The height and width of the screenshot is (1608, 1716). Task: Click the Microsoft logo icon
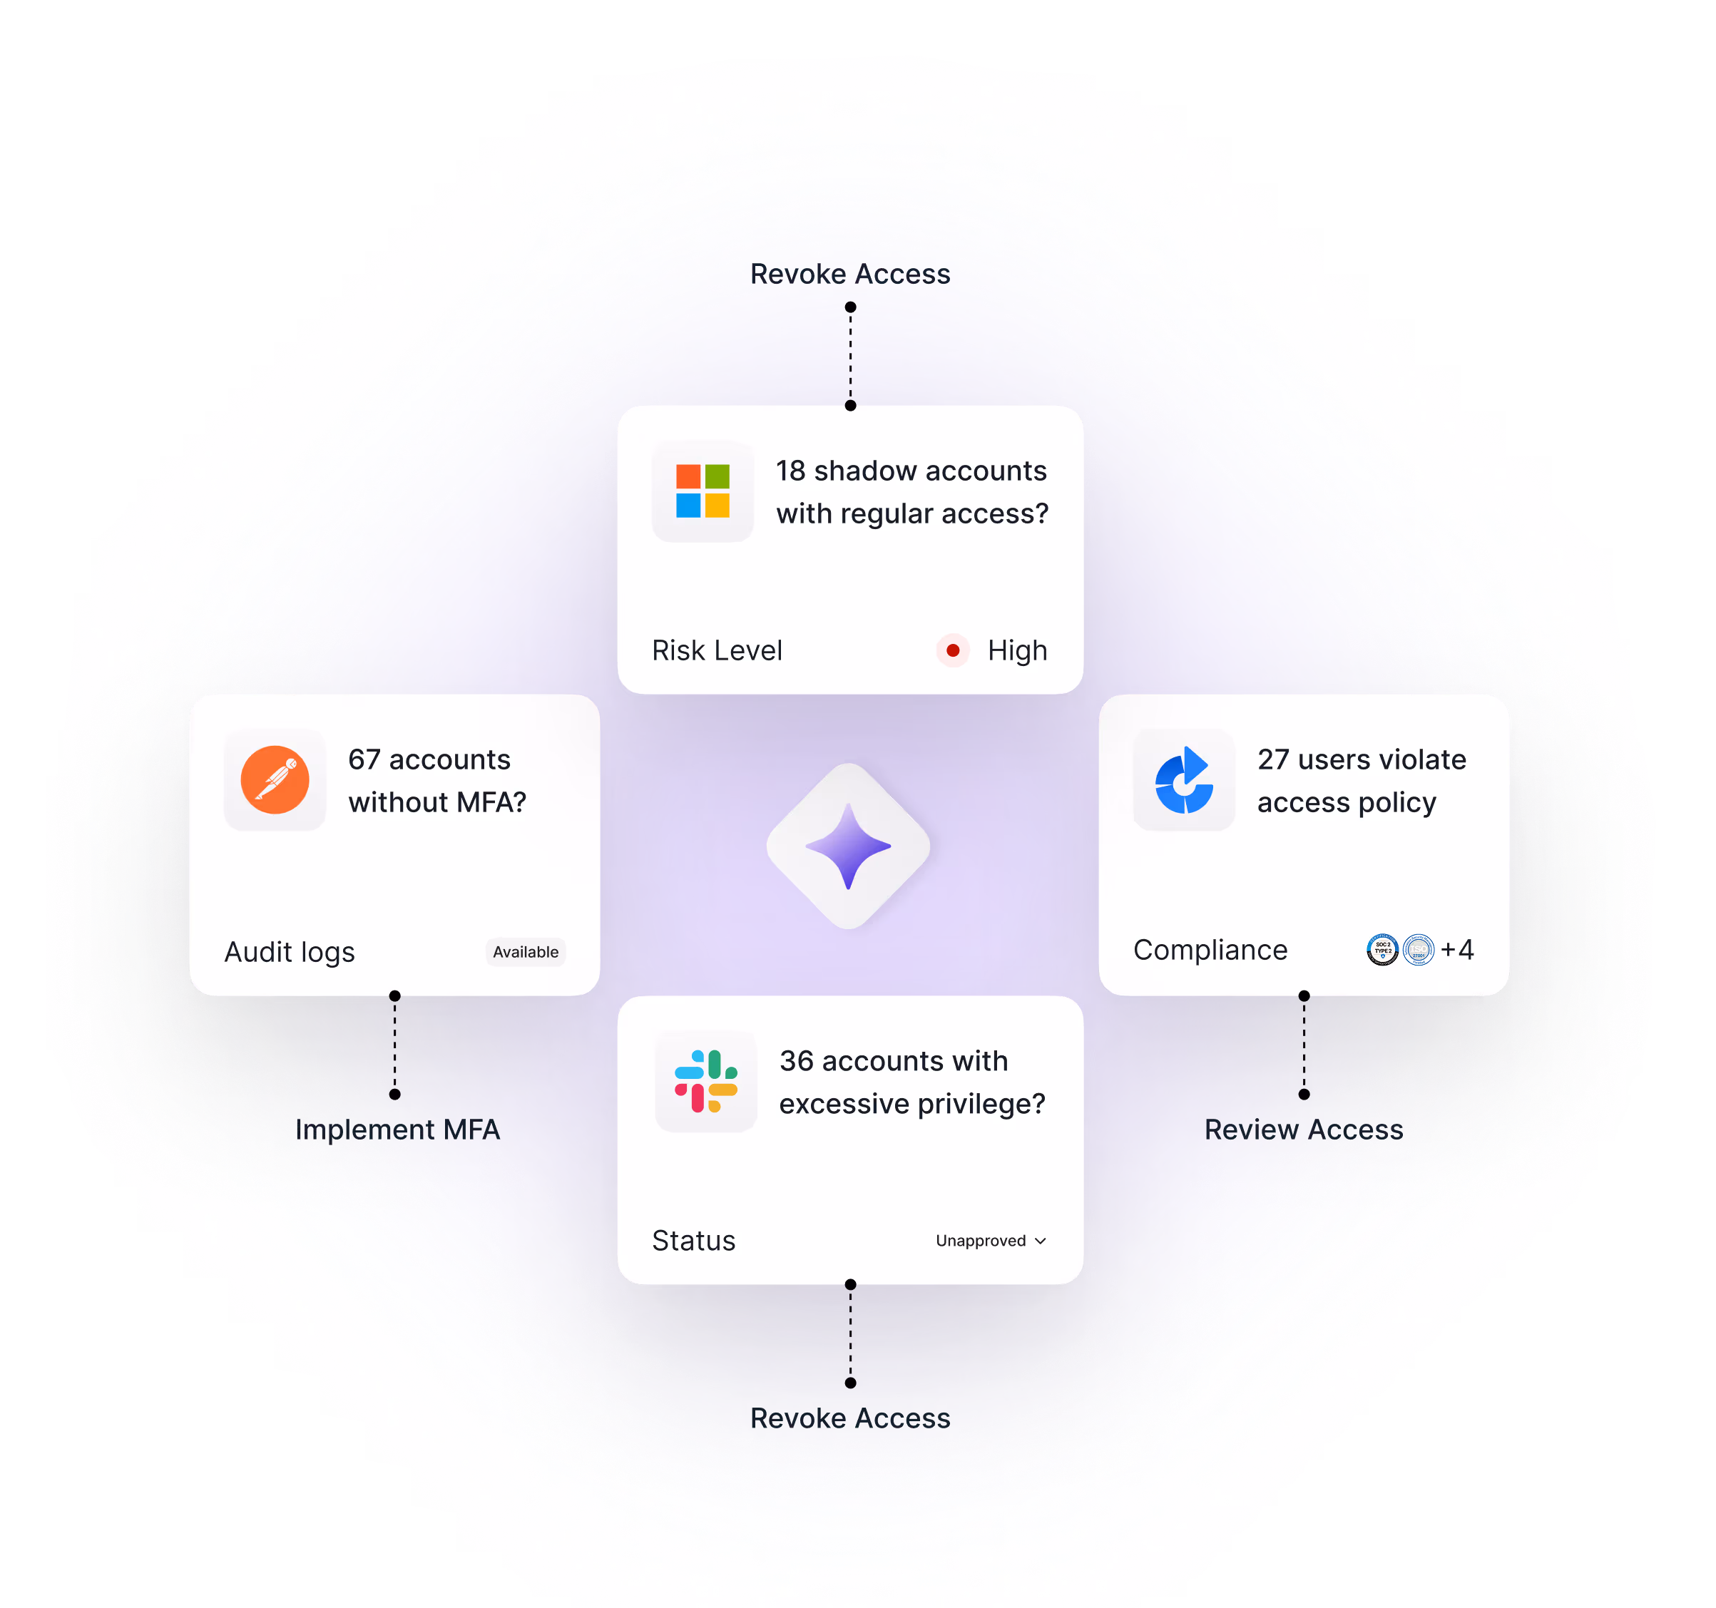point(703,491)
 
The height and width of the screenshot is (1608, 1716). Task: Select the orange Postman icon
point(275,779)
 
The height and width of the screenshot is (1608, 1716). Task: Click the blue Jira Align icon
point(1184,779)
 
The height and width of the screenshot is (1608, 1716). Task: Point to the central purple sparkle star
point(849,846)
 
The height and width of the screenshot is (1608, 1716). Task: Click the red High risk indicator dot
point(953,650)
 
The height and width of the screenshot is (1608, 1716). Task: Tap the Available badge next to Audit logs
point(525,952)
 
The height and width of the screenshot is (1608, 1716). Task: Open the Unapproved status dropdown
point(991,1240)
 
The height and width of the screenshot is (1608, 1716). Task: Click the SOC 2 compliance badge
point(1382,949)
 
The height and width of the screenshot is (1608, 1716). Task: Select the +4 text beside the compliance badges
point(1458,949)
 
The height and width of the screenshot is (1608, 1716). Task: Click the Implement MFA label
point(397,1130)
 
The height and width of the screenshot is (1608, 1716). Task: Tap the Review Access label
point(1303,1130)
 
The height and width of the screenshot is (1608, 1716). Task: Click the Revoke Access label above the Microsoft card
point(849,274)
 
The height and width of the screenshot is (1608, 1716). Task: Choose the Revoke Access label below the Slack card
point(849,1418)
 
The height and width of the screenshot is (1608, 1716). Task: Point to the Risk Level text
point(717,650)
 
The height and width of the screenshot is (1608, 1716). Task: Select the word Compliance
point(1210,949)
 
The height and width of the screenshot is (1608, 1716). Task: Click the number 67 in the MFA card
point(364,759)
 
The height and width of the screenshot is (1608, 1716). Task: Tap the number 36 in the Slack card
point(796,1061)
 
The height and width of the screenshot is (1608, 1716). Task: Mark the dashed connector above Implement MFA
point(394,1045)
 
